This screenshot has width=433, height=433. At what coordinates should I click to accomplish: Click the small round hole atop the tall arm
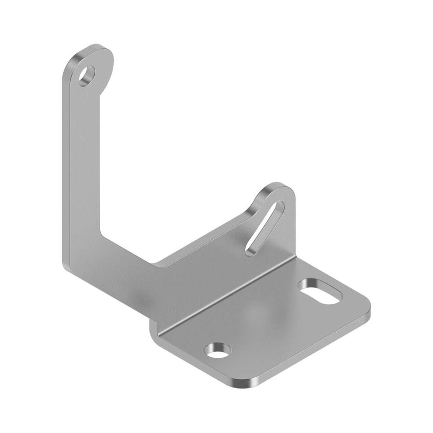pos(87,75)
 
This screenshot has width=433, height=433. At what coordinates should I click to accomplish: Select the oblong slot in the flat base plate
pos(320,291)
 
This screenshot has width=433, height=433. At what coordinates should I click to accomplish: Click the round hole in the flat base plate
pos(218,351)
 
